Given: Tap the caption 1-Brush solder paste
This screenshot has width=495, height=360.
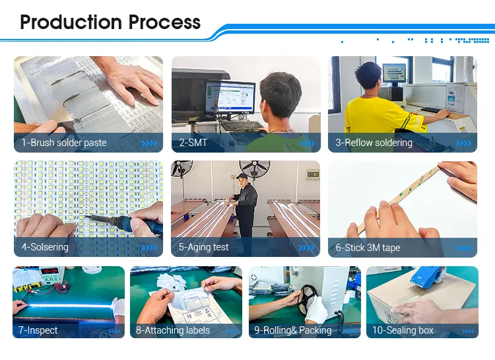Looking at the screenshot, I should (64, 143).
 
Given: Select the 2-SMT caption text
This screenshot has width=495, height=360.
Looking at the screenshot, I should (193, 143).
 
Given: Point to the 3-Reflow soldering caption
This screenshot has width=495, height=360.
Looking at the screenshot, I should (374, 143).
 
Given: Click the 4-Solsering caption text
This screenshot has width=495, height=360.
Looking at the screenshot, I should (45, 248).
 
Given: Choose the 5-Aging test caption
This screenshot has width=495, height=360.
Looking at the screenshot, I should (204, 248).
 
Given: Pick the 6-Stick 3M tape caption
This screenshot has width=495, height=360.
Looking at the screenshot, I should (368, 248).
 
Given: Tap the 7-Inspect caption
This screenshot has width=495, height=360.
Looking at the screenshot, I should (38, 330).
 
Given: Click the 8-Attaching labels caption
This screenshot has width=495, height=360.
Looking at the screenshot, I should (173, 330).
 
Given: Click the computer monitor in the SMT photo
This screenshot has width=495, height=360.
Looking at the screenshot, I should (230, 98).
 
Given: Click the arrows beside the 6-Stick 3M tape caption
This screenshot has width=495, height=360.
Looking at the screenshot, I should (464, 248).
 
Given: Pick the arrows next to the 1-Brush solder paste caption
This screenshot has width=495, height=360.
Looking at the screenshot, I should (150, 143).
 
